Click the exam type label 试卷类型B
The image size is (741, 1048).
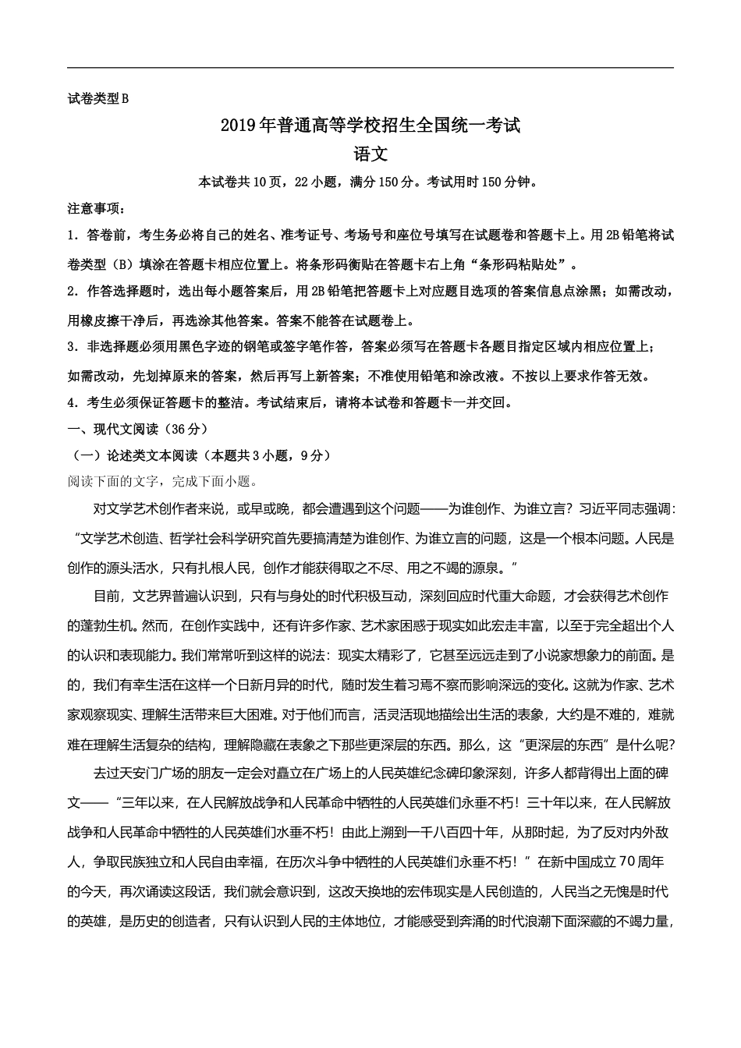pyautogui.click(x=97, y=98)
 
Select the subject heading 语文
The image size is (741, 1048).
pyautogui.click(x=370, y=154)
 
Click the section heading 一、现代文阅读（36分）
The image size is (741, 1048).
pyautogui.click(x=138, y=429)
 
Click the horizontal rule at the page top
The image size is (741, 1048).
pyautogui.click(x=370, y=68)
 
